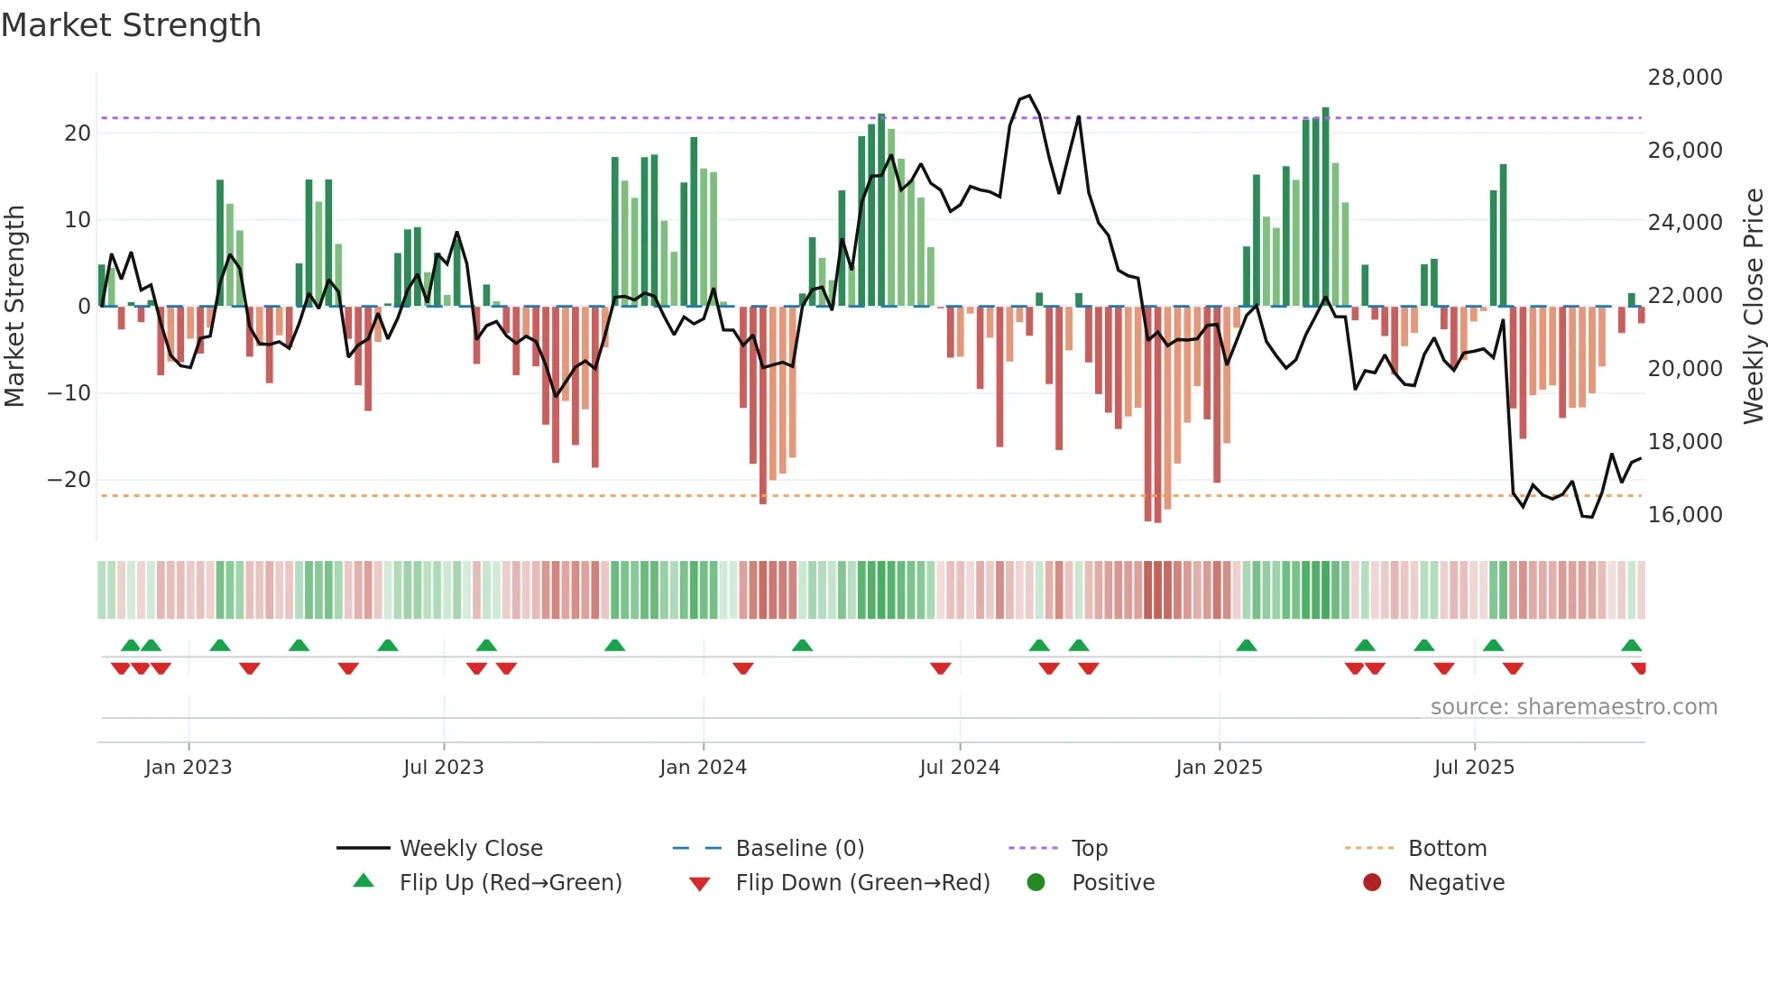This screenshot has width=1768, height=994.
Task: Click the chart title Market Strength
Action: pyautogui.click(x=131, y=25)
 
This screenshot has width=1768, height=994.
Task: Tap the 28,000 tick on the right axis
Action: pyautogui.click(x=1684, y=78)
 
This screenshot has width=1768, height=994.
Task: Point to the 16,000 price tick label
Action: pyautogui.click(x=1684, y=515)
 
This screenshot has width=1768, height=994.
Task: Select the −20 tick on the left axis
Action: pyautogui.click(x=69, y=480)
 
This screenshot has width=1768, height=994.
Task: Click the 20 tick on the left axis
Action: pyautogui.click(x=78, y=133)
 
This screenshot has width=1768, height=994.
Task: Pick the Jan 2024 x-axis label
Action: pyautogui.click(x=703, y=768)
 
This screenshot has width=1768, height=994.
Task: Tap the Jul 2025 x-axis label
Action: pyautogui.click(x=1474, y=768)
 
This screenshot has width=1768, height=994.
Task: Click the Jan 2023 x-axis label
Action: pyautogui.click(x=189, y=768)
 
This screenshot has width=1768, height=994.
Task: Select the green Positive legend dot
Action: pyautogui.click(x=1036, y=883)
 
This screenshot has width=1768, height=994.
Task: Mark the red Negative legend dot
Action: pyautogui.click(x=1372, y=883)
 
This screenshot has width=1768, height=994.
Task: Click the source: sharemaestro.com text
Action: pyautogui.click(x=1573, y=707)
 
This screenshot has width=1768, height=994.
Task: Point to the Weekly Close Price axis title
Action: pyautogui.click(x=1753, y=307)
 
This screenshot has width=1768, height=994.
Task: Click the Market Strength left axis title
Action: pyautogui.click(x=15, y=307)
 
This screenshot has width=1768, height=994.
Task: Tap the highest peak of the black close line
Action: pyautogui.click(x=1029, y=96)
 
